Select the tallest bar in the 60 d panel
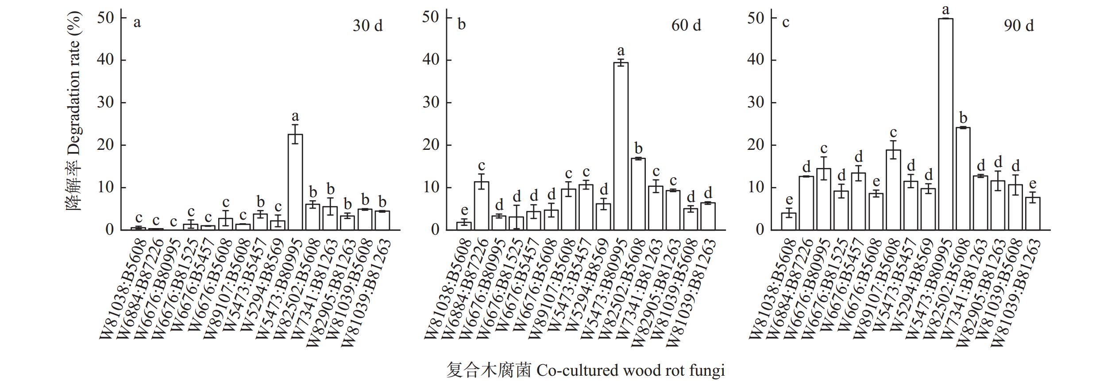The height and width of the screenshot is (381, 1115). pos(621,146)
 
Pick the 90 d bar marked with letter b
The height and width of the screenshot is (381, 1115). pos(963,179)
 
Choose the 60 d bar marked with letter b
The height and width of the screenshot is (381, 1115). pos(638,194)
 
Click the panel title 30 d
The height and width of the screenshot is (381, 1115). pos(367,26)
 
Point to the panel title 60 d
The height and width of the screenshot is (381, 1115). pos(686,26)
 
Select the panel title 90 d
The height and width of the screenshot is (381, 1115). pos(1019,26)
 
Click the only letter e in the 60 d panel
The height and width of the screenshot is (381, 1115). pos(464,210)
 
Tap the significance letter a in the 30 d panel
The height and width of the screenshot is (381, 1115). pos(295,116)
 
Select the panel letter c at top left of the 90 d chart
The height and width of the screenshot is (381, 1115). pos(786,22)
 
